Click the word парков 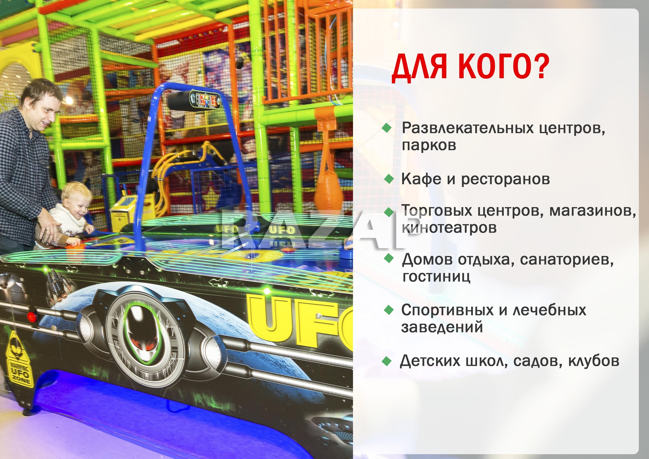429,145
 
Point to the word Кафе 421,179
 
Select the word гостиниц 436,276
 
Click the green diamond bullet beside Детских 386,361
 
